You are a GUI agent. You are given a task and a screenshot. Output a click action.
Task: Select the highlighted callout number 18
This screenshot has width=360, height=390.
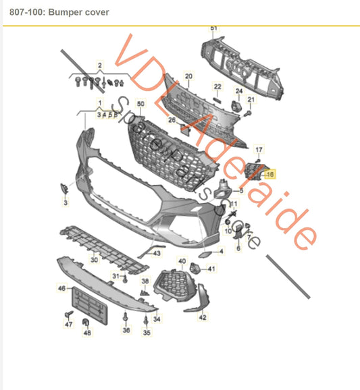coord(270,174)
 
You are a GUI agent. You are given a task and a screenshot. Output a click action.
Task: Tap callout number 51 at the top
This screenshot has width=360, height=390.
coord(213,28)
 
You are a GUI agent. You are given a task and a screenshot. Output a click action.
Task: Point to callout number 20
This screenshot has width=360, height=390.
coord(188,76)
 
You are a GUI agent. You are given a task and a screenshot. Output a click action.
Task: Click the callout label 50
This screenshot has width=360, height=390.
coord(141,105)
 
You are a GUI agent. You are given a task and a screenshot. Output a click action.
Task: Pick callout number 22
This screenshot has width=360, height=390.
coord(217,86)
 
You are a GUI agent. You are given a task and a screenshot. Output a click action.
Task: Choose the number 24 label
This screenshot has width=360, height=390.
coord(238,90)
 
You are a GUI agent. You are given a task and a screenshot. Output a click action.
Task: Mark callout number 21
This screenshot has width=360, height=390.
coord(251,100)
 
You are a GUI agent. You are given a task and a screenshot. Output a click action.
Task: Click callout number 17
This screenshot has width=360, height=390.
coord(259,149)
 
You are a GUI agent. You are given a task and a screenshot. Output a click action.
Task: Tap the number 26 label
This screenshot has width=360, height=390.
coord(172,121)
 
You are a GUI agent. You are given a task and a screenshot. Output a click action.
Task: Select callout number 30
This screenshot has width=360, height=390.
coord(94,259)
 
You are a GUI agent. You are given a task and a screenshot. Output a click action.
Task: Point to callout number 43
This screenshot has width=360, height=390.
coord(156,253)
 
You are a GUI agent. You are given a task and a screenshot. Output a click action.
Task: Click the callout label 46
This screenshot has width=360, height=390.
coord(61,288)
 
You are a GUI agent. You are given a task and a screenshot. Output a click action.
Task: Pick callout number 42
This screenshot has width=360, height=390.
coord(202,316)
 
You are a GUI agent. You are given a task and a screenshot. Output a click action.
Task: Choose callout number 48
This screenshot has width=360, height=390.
coord(86,333)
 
